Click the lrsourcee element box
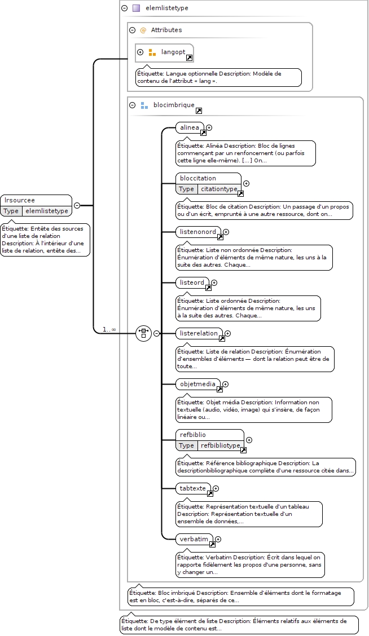36,206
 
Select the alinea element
190,128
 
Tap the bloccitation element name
198,178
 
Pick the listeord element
193,282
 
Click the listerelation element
200,333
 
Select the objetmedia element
199,384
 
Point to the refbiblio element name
193,434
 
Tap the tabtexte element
194,488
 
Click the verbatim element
195,539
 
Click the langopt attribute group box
164,53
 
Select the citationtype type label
219,189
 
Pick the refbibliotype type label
221,445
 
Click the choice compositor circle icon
143,333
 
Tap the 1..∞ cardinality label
109,329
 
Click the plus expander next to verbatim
218,539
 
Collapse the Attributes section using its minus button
133,30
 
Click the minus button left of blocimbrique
133,105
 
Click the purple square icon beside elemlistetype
137,8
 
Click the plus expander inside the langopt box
140,52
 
